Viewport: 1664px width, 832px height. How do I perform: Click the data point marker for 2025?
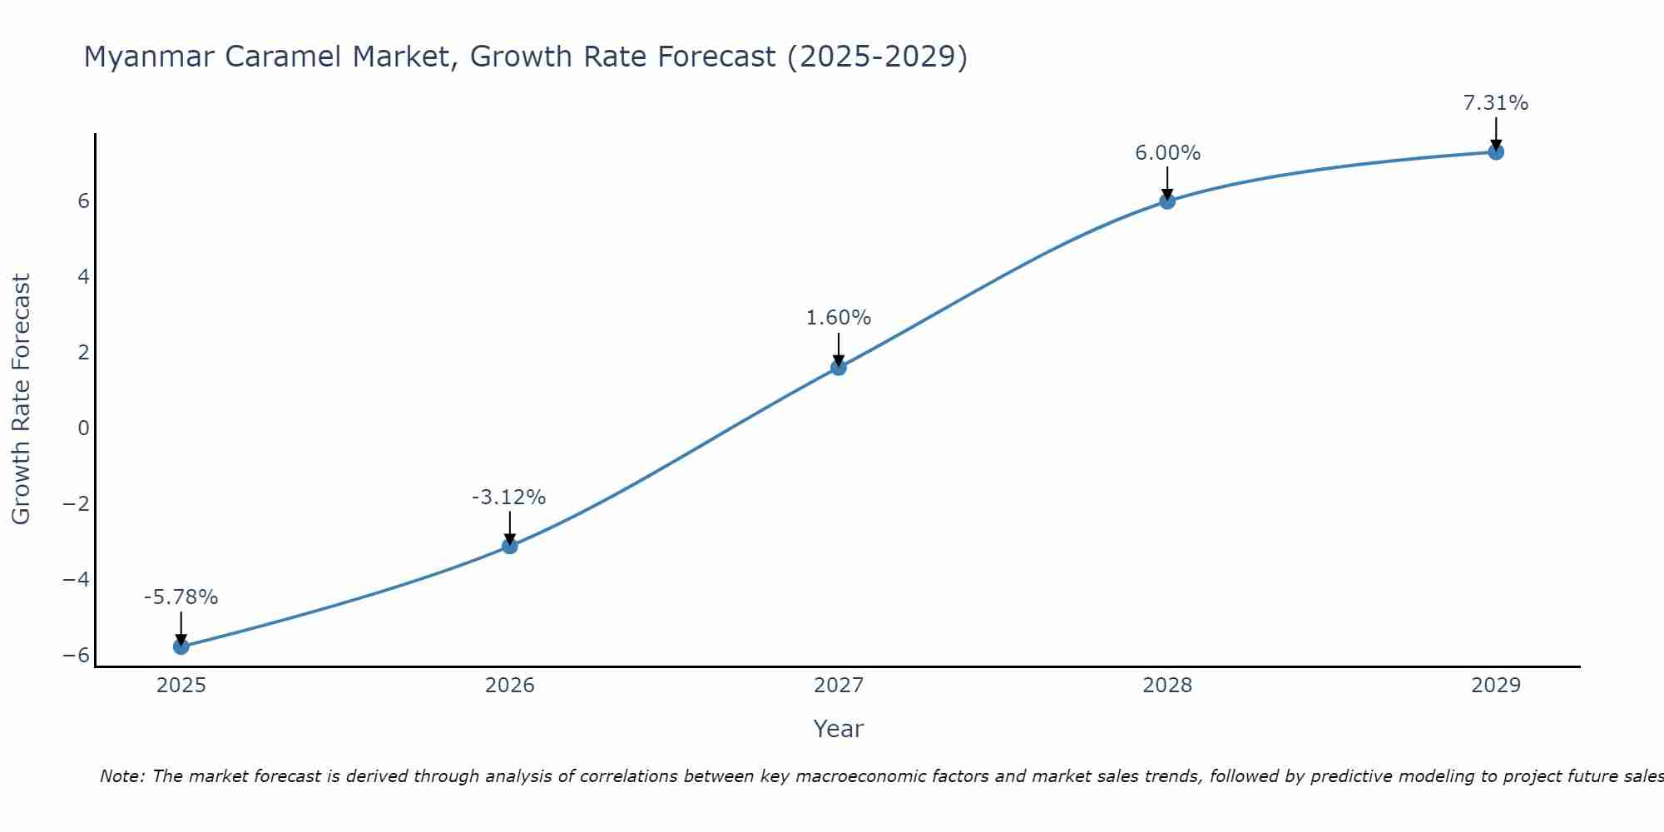[x=181, y=646]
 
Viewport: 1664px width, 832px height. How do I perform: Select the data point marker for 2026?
[x=510, y=546]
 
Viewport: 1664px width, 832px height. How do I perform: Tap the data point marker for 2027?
[x=839, y=367]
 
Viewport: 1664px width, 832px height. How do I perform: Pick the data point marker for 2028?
[x=1167, y=201]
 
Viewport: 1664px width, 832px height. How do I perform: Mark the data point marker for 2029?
[x=1496, y=151]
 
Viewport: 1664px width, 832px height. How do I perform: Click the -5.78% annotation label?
[x=181, y=597]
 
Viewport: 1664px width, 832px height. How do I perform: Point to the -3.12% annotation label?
[x=508, y=498]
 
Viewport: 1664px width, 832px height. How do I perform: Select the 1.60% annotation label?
[x=839, y=318]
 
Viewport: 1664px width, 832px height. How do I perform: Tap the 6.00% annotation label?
[x=1167, y=153]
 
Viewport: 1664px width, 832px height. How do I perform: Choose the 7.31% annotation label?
[x=1496, y=103]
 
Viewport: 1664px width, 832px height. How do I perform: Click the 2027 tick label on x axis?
[x=839, y=686]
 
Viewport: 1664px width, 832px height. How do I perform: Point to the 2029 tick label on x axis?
[x=1496, y=686]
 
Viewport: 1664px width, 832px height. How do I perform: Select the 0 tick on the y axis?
[x=83, y=428]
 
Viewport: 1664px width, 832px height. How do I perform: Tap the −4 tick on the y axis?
[x=77, y=579]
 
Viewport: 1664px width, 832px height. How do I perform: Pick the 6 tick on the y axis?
[x=83, y=201]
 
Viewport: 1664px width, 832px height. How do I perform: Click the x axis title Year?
[x=839, y=729]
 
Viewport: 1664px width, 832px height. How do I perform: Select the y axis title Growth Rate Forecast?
[x=21, y=399]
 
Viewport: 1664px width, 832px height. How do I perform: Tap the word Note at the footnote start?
[x=122, y=776]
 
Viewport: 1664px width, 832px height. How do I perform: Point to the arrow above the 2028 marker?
[x=1167, y=181]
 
